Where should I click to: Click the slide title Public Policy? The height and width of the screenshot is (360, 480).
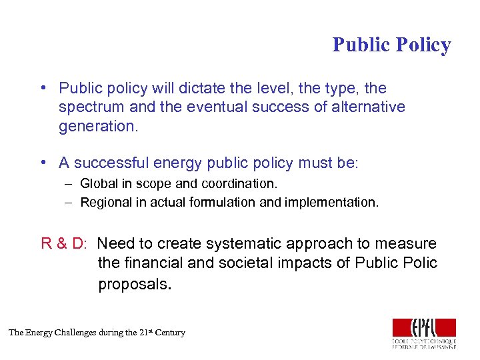(391, 45)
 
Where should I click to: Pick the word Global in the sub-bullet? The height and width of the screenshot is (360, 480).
(97, 183)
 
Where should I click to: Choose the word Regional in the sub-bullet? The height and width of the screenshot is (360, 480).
(104, 203)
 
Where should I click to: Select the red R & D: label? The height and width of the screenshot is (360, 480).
(64, 243)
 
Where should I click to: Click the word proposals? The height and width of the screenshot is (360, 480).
(135, 284)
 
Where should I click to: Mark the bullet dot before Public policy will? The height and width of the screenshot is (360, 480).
(42, 89)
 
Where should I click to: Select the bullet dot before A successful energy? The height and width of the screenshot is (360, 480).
(42, 163)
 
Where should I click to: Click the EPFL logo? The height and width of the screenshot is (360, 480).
(424, 333)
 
